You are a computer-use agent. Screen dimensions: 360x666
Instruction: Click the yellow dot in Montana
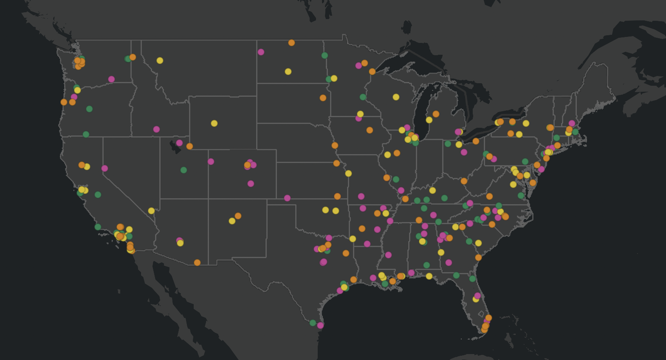point(160,60)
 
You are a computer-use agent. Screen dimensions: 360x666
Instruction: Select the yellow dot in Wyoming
point(214,123)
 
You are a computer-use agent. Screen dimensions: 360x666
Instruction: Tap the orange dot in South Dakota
point(323,98)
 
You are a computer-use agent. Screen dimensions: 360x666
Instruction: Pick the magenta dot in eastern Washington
point(111,79)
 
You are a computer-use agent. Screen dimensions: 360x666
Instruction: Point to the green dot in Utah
point(183,170)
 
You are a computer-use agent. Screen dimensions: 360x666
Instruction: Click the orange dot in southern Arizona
point(197,262)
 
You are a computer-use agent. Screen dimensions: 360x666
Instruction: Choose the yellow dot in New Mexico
point(232,221)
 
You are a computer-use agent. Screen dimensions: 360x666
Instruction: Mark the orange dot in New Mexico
point(238,216)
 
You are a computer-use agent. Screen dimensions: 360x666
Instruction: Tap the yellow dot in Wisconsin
point(396,97)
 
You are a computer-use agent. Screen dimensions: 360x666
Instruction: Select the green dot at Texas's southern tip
point(313,323)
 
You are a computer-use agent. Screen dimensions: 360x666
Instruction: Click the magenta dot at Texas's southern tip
point(320,325)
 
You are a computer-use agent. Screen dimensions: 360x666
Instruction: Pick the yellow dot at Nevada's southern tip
point(151,211)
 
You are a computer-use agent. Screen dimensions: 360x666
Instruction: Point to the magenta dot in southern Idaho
point(156,129)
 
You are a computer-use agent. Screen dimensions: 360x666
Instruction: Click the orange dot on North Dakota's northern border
point(291,42)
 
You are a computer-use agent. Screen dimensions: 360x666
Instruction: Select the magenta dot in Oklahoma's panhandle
point(287,198)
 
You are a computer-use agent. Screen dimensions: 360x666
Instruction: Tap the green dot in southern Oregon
point(86,134)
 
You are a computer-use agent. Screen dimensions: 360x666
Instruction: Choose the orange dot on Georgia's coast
point(478,257)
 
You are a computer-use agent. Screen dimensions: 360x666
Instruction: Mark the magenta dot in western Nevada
point(104,168)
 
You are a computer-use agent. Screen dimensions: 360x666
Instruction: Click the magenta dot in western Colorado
point(211,161)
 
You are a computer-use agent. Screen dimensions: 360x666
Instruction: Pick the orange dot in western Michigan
point(436,114)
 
